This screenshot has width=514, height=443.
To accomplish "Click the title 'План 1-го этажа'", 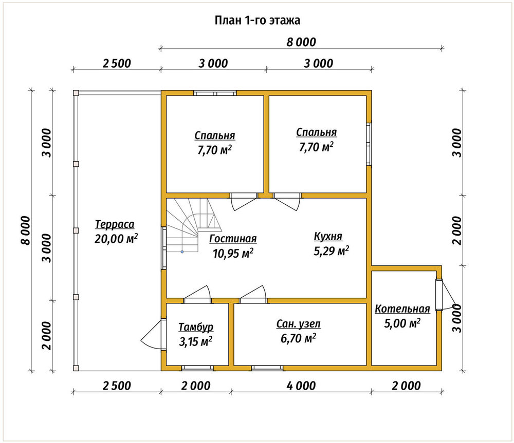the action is click(x=258, y=21).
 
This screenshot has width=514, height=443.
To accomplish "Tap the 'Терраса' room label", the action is click(x=115, y=224).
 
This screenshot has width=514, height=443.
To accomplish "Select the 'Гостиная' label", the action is click(x=233, y=239).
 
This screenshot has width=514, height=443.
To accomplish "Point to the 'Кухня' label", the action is click(x=328, y=236).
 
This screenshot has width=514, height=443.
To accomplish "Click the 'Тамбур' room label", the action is click(x=196, y=327).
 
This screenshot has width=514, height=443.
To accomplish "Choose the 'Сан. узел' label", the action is click(x=299, y=324).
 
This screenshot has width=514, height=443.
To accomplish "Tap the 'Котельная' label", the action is click(x=402, y=309).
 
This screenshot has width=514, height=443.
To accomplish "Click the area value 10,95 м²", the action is click(x=233, y=253).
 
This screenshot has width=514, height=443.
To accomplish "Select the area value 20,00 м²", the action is click(x=116, y=239).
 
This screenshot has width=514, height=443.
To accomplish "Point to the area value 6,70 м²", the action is click(x=298, y=338).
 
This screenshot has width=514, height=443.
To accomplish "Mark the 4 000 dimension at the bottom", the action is click(x=301, y=386).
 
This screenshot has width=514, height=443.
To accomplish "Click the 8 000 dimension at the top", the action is click(x=301, y=42).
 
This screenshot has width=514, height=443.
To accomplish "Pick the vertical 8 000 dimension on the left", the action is click(x=26, y=230).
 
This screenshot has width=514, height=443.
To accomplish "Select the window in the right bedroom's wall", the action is click(x=369, y=144).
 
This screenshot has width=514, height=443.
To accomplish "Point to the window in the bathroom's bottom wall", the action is click(x=267, y=368).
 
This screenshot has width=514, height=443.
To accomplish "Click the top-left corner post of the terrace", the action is click(x=76, y=93).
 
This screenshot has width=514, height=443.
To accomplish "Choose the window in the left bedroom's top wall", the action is click(x=215, y=93).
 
